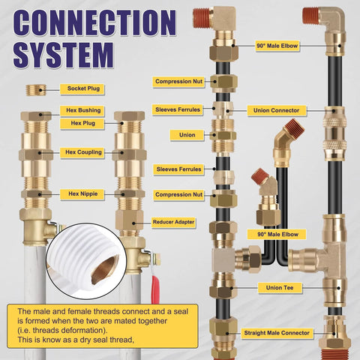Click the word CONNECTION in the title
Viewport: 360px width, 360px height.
click(x=97, y=22)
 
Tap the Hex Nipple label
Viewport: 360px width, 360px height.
click(x=82, y=193)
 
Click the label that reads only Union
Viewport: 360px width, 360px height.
click(x=187, y=135)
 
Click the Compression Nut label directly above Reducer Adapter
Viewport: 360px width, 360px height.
click(x=178, y=195)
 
